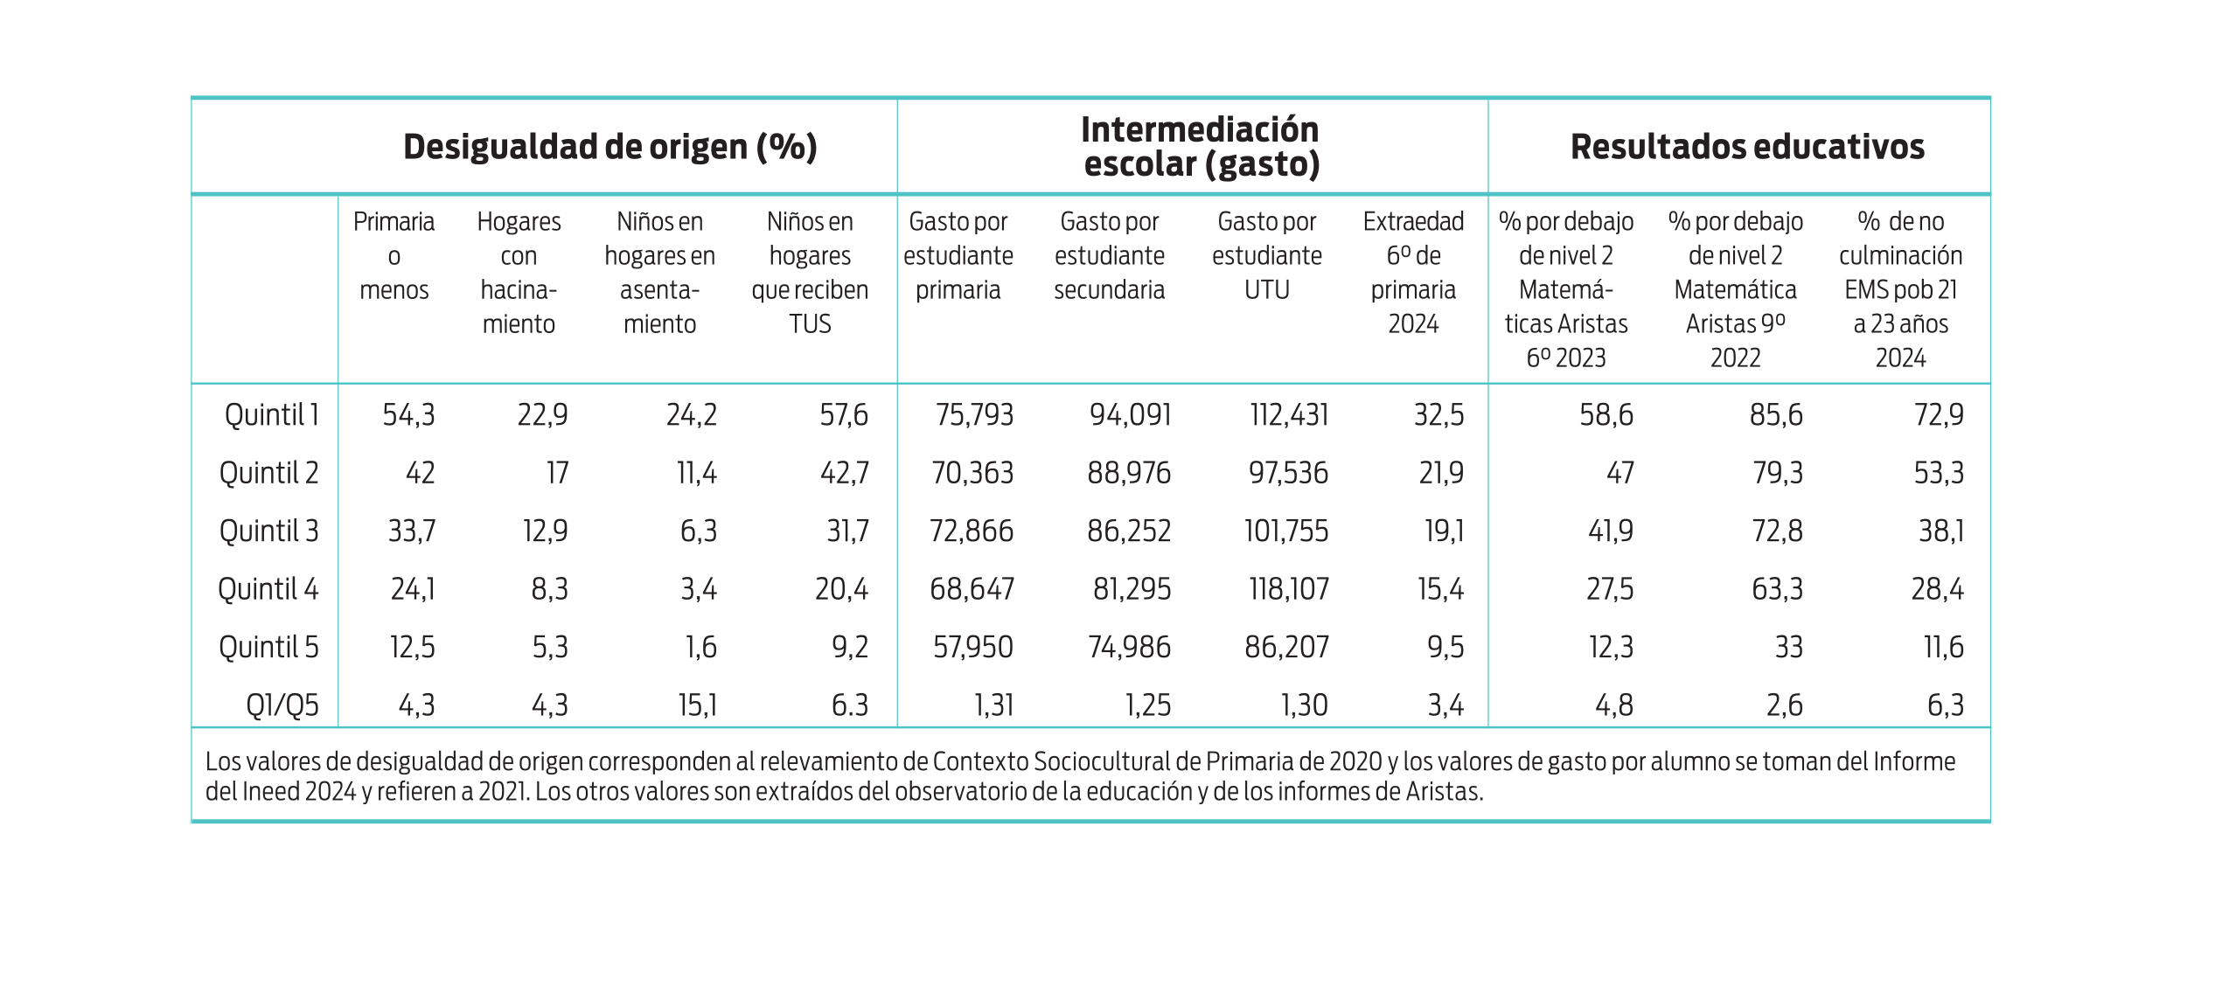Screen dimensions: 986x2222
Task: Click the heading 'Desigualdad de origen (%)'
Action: pos(609,147)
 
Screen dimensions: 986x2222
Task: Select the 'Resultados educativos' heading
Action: pos(1746,147)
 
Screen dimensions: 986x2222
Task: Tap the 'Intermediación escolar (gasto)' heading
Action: pos(1200,147)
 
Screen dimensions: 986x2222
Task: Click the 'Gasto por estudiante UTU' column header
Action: pos(1266,255)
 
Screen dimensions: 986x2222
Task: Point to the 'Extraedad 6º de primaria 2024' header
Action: pos(1412,272)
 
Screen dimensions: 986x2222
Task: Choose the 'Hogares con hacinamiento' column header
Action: pos(519,272)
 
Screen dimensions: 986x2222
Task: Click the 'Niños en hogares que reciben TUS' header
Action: pos(810,272)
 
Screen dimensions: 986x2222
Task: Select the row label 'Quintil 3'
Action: pos(268,531)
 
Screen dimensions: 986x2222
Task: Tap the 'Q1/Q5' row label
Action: pos(282,705)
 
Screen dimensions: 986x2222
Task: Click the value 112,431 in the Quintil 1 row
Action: pos(1288,414)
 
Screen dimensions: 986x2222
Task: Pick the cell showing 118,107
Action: pos(1288,589)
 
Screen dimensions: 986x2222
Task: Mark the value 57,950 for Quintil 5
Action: pos(972,647)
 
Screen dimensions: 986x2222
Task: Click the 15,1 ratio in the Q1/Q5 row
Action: pos(697,705)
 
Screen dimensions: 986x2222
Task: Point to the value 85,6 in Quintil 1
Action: pos(1775,414)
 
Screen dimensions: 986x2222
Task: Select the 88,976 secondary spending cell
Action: pos(1128,473)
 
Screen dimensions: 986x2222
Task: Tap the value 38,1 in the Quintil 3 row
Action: pos(1940,531)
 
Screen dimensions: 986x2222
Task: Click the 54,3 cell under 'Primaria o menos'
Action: pos(408,414)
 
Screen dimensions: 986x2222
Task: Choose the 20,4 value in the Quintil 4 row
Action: pos(841,589)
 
